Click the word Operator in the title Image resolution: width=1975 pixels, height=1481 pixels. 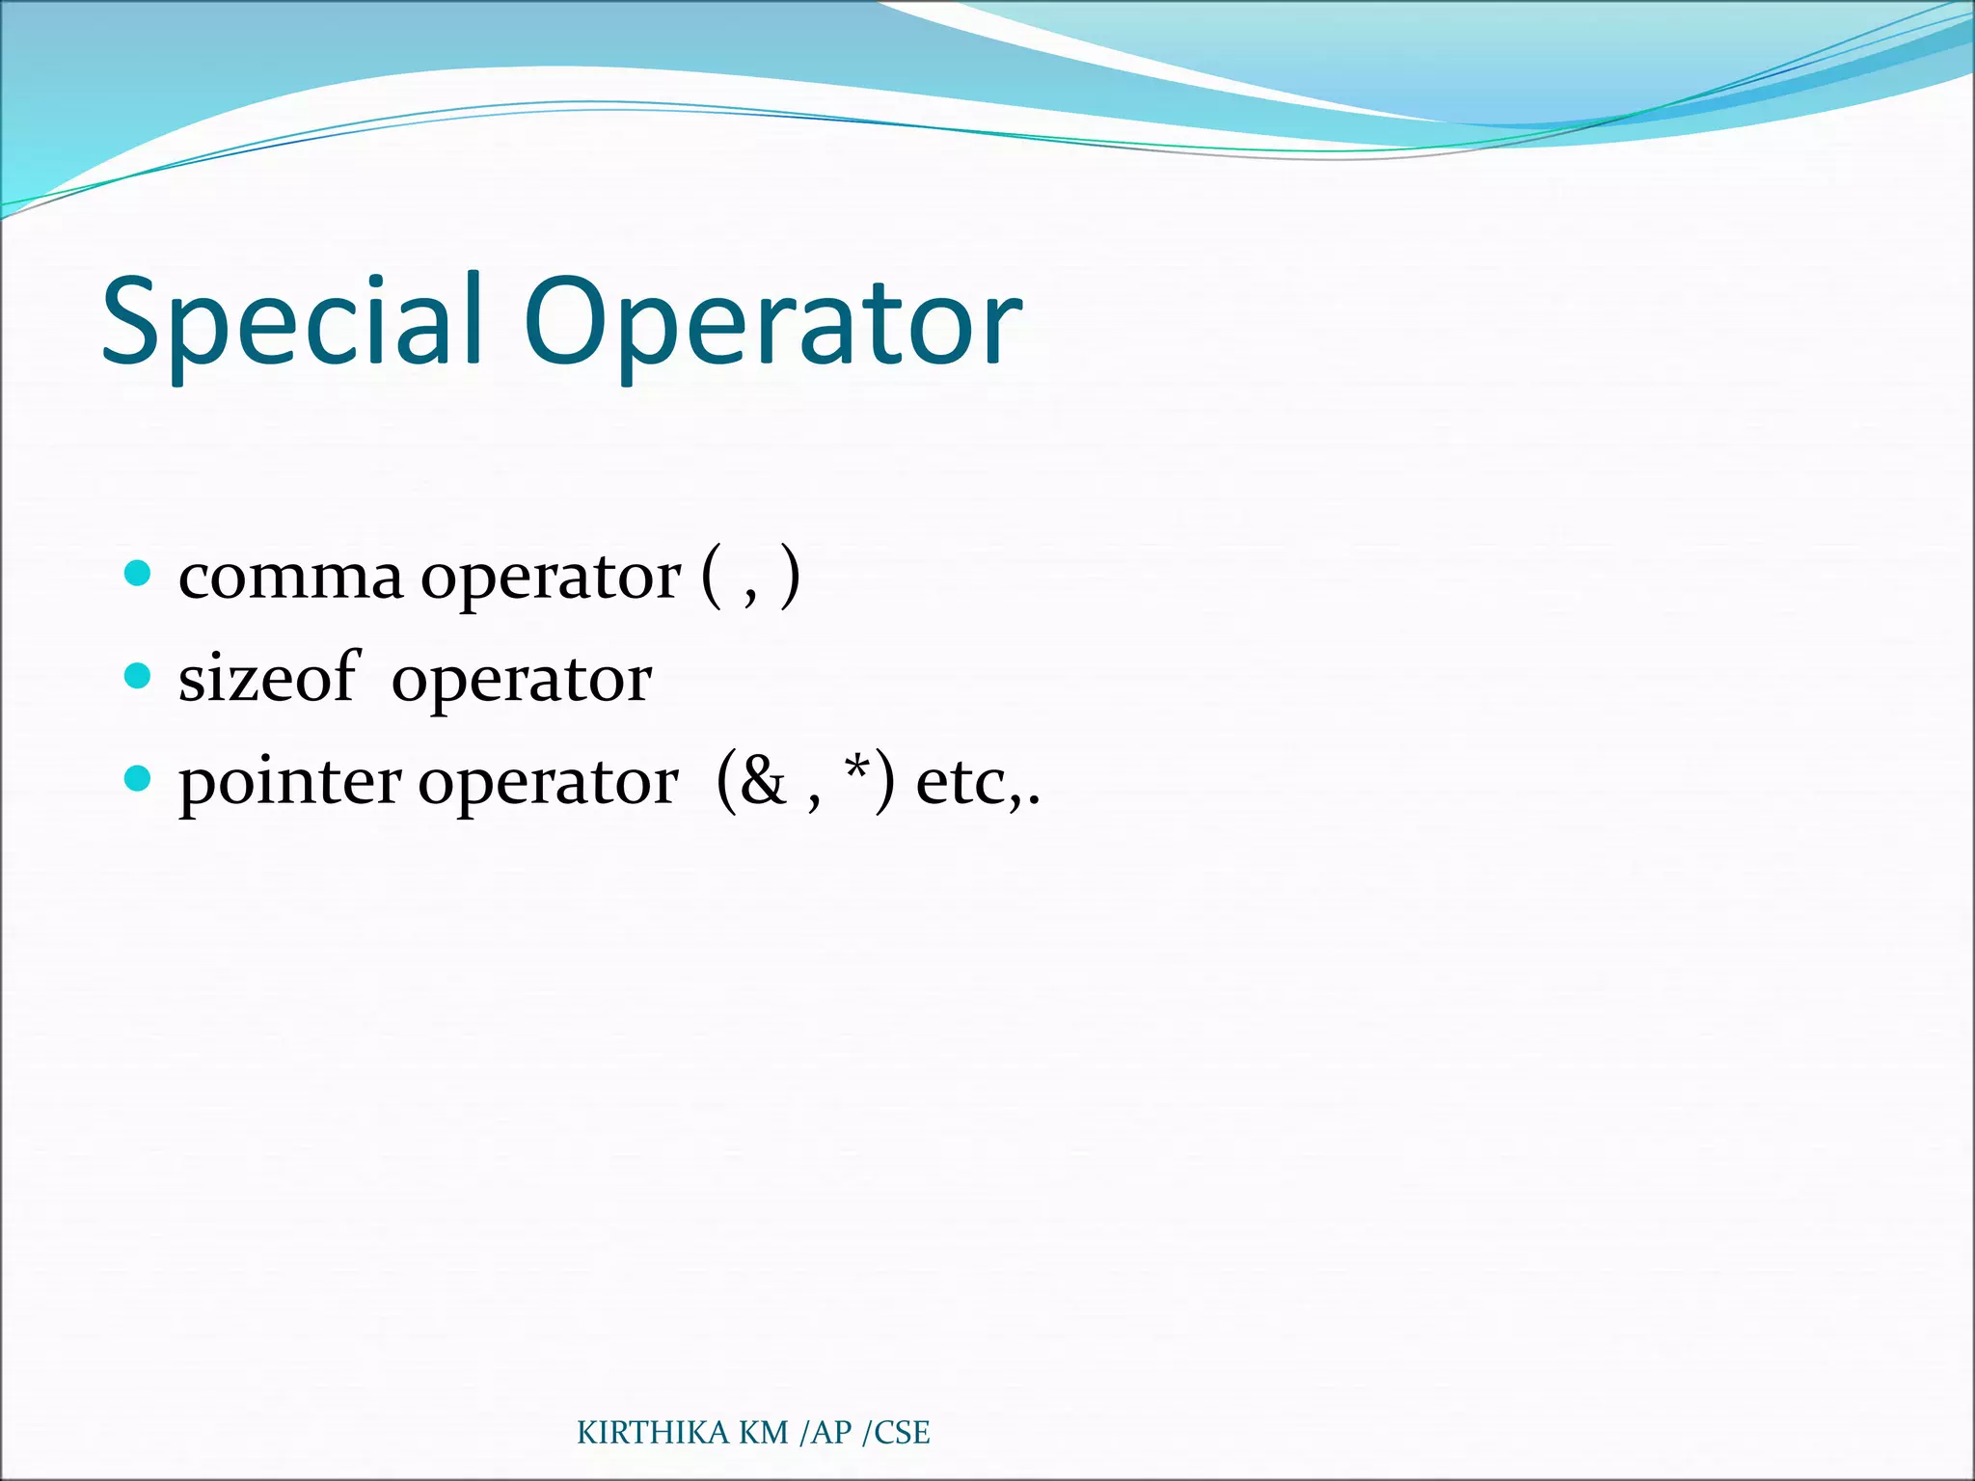pos(771,324)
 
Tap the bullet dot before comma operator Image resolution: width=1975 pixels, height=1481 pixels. pos(139,574)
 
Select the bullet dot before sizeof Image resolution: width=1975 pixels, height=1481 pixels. pos(139,676)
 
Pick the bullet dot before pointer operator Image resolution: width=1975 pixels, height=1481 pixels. pos(139,778)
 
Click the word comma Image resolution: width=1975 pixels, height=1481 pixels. pos(290,579)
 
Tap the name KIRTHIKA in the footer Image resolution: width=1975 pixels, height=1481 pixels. pos(653,1433)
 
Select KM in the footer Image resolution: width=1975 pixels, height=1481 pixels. pos(764,1433)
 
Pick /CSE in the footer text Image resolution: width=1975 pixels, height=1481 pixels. pos(896,1433)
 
